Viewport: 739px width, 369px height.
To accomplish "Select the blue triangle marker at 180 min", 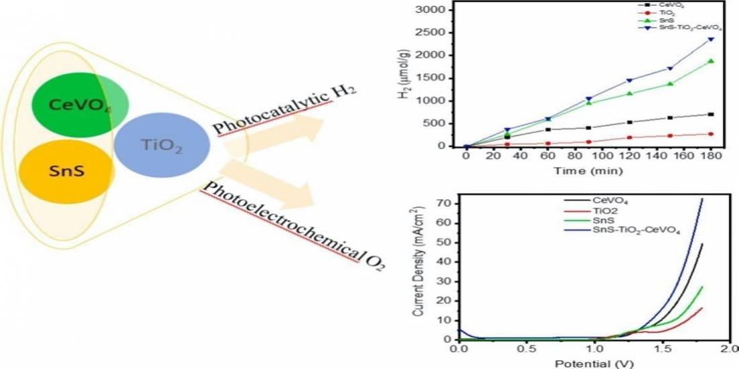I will coord(711,39).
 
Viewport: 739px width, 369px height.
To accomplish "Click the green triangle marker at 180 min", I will coord(711,61).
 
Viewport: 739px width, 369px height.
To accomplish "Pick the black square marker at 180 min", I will coord(711,114).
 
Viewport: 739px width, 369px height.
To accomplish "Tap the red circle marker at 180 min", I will coord(711,134).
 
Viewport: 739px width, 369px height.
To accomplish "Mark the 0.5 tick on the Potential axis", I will coord(526,350).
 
